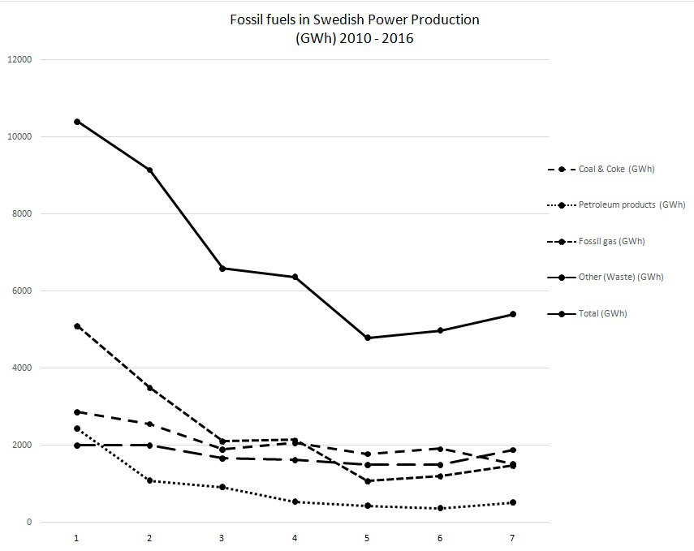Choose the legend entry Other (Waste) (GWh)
click(621, 278)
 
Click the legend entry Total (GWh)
click(602, 313)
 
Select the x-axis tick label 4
click(295, 538)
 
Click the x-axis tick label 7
click(513, 538)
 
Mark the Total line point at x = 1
click(77, 122)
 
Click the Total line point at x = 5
click(368, 338)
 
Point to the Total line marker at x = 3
click(222, 269)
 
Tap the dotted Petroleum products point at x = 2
click(149, 480)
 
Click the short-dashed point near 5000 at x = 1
click(77, 326)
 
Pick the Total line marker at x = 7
click(513, 314)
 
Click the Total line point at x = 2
click(149, 170)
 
